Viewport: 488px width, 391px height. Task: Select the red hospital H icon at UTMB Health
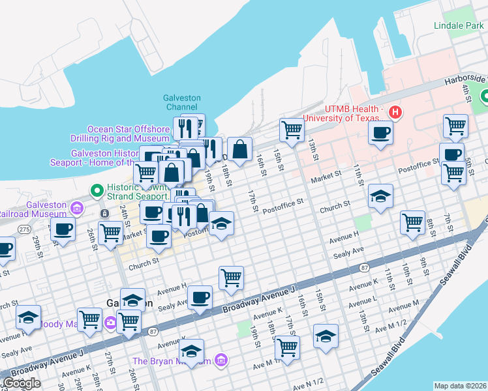394,112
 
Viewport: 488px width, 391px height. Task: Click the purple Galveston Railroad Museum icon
77,209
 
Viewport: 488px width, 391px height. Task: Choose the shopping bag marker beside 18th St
239,149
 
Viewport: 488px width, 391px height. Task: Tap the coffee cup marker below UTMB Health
380,133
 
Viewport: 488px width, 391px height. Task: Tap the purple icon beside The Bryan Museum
221,360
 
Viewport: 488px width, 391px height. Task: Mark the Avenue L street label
363,301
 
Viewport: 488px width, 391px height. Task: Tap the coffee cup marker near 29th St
63,229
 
